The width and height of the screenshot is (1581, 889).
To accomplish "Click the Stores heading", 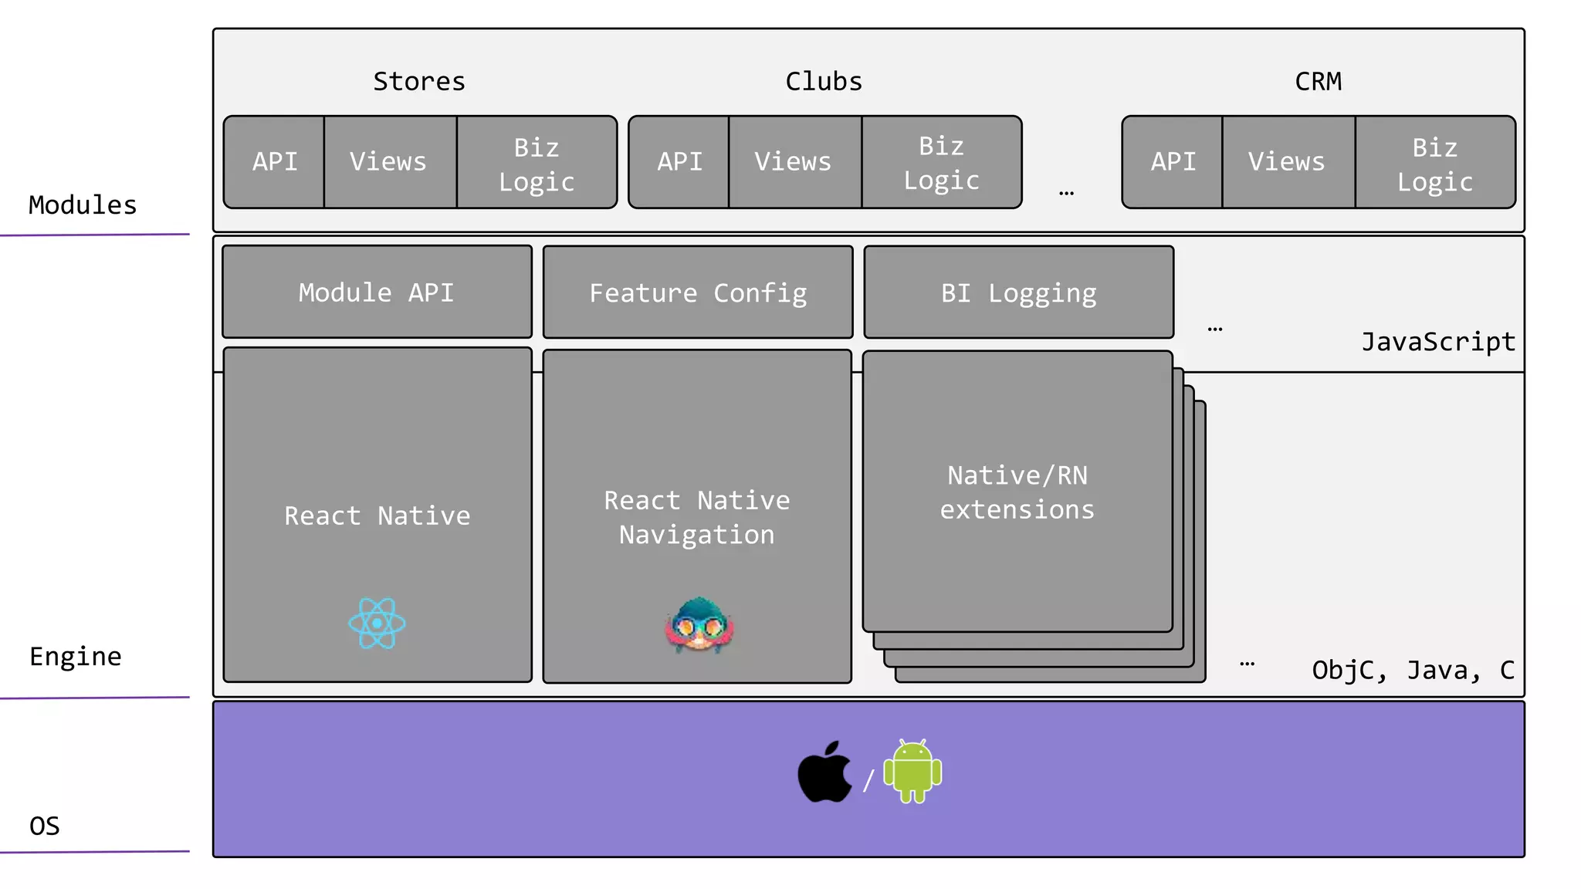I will tap(419, 82).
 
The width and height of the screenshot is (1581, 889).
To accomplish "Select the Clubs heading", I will tap(824, 82).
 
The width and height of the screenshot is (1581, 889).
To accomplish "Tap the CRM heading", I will tap(1318, 82).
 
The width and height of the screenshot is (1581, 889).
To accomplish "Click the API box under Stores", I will tap(275, 162).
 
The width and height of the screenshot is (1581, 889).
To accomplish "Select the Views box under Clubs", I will tap(794, 162).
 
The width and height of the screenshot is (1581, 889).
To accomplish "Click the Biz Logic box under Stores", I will tap(537, 164).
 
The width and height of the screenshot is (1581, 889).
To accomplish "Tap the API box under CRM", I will tap(1173, 162).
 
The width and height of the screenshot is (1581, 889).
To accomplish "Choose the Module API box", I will tap(377, 292).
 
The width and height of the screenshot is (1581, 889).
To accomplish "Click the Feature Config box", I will tap(698, 293).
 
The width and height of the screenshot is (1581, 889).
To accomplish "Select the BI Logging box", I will tap(1018, 293).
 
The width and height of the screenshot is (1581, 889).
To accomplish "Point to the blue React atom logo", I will tap(377, 624).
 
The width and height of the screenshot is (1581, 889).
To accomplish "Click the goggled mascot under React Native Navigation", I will tap(699, 625).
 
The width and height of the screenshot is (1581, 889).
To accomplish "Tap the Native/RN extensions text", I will tap(1017, 492).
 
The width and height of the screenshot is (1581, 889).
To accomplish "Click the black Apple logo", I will tap(824, 773).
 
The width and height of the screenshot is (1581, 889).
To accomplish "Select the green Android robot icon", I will tap(912, 772).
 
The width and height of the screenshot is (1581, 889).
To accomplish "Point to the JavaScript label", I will tap(1437, 342).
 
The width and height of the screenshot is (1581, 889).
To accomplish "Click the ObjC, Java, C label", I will tap(1413, 670).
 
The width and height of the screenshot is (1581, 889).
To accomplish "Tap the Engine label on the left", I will tap(76, 657).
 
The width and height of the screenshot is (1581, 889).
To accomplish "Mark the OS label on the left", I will tap(45, 826).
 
